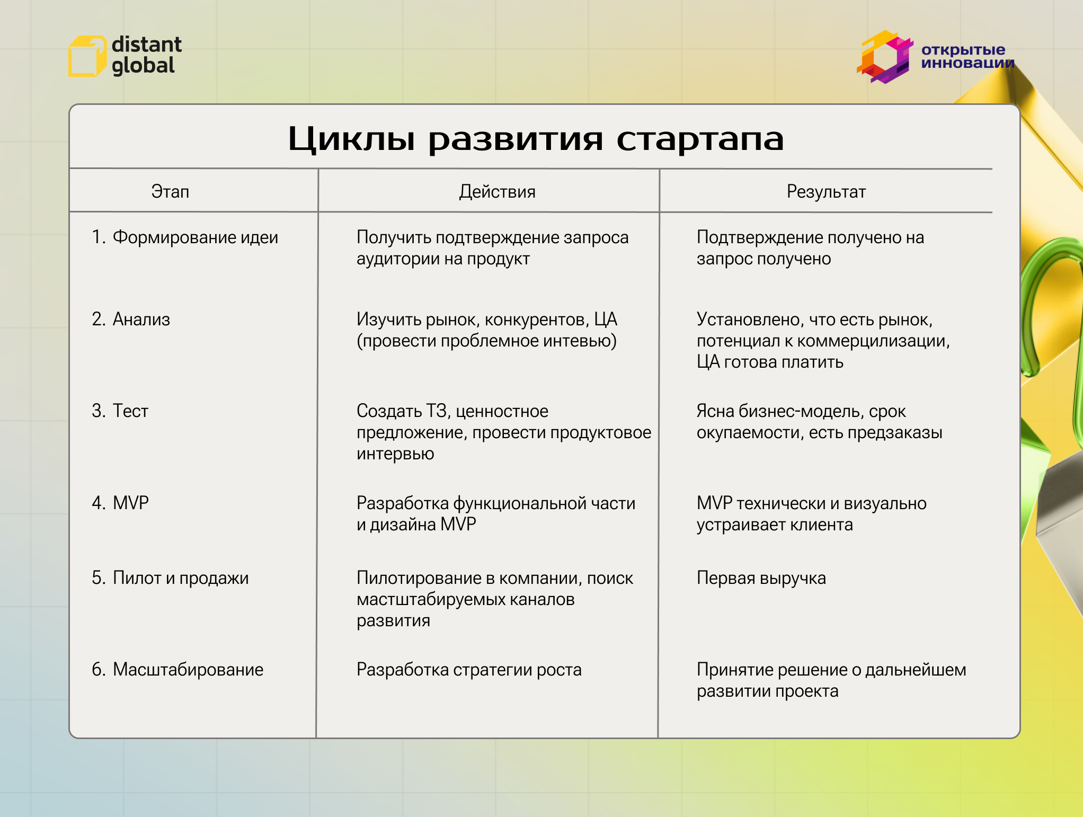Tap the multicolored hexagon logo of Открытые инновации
(x=884, y=57)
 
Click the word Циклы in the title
(x=351, y=139)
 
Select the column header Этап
(x=170, y=191)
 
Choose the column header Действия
(x=497, y=191)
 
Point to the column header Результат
(x=825, y=191)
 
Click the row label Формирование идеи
(x=195, y=237)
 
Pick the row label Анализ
(x=141, y=319)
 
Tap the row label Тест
(x=130, y=411)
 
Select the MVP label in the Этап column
(x=130, y=503)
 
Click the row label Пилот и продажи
(x=180, y=578)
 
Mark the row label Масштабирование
(x=188, y=670)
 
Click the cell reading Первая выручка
(x=761, y=578)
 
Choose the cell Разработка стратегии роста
(x=469, y=670)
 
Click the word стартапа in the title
(x=699, y=139)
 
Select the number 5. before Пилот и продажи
(x=99, y=578)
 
